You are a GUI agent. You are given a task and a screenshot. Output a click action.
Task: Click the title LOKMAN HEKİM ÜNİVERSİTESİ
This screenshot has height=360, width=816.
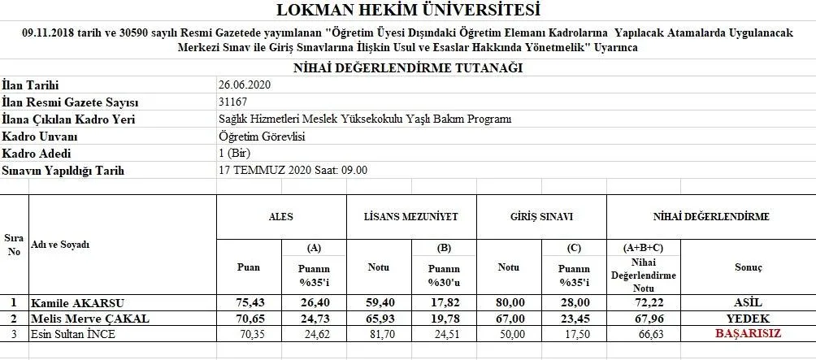407,11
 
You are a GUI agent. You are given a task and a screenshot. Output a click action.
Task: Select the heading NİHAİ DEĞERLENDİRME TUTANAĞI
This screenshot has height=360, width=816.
407,68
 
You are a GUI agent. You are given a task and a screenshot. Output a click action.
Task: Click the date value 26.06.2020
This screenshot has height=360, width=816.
244,85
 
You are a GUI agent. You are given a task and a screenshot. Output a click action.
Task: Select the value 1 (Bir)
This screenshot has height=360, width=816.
233,154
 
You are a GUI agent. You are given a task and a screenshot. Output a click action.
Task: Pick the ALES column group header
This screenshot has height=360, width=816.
281,217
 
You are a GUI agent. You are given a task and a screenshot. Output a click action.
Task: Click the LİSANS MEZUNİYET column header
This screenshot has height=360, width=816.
411,217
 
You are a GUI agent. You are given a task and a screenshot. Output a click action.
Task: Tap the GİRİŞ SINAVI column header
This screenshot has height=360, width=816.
541,217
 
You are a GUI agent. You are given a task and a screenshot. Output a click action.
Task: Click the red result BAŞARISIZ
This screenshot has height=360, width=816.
747,333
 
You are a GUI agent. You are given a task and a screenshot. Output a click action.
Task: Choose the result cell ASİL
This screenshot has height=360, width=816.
747,302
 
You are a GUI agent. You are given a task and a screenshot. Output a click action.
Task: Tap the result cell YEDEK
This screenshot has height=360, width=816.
747,318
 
